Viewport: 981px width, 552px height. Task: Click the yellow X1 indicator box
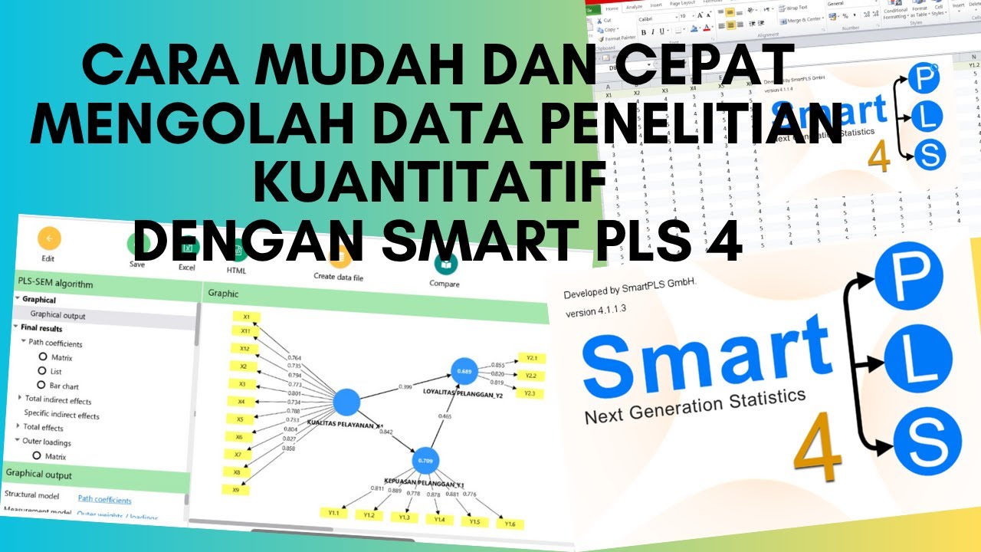point(246,316)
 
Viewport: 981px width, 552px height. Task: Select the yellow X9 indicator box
point(235,489)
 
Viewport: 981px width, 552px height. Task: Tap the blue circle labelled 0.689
point(464,371)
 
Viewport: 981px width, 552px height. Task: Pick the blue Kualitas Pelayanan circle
point(346,402)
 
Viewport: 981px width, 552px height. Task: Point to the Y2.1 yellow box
point(531,358)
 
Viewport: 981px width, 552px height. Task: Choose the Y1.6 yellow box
point(509,523)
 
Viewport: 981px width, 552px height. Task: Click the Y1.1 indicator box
point(333,513)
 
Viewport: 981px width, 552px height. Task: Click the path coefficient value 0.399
point(405,388)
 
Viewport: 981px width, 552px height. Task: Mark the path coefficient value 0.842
point(386,432)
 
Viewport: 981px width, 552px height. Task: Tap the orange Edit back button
point(49,238)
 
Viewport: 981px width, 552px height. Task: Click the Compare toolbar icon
point(445,265)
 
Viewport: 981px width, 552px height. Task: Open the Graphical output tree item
point(57,315)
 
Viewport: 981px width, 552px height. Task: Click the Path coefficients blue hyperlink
point(104,500)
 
